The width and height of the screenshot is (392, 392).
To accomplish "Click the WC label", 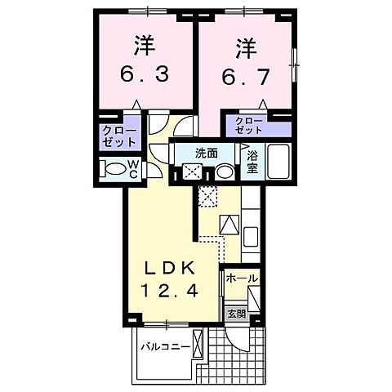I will tap(132, 169).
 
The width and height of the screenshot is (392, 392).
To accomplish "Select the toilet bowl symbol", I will tap(111, 170).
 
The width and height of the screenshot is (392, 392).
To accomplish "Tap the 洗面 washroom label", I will tap(205, 153).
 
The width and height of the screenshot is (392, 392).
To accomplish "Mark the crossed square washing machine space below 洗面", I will tap(194, 172).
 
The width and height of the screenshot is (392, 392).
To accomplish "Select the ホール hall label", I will tap(243, 278).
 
